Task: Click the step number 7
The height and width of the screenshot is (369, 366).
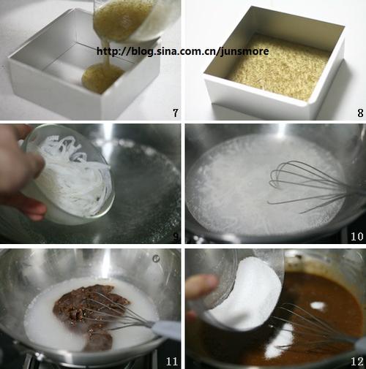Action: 176,113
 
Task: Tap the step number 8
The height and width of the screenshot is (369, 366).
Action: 360,113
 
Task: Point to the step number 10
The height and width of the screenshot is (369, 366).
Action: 357,236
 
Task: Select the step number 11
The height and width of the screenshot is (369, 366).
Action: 172,361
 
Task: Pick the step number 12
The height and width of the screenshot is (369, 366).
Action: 357,362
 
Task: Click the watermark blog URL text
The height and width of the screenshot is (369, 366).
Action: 183,51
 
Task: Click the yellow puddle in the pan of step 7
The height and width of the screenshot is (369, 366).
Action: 102,77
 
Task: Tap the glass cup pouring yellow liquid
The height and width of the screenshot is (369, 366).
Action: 137,20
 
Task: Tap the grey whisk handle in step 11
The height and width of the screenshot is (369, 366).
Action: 166,330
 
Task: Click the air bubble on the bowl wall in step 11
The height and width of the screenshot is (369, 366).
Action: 156,259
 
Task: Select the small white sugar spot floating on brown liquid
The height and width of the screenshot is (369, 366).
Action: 318,305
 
